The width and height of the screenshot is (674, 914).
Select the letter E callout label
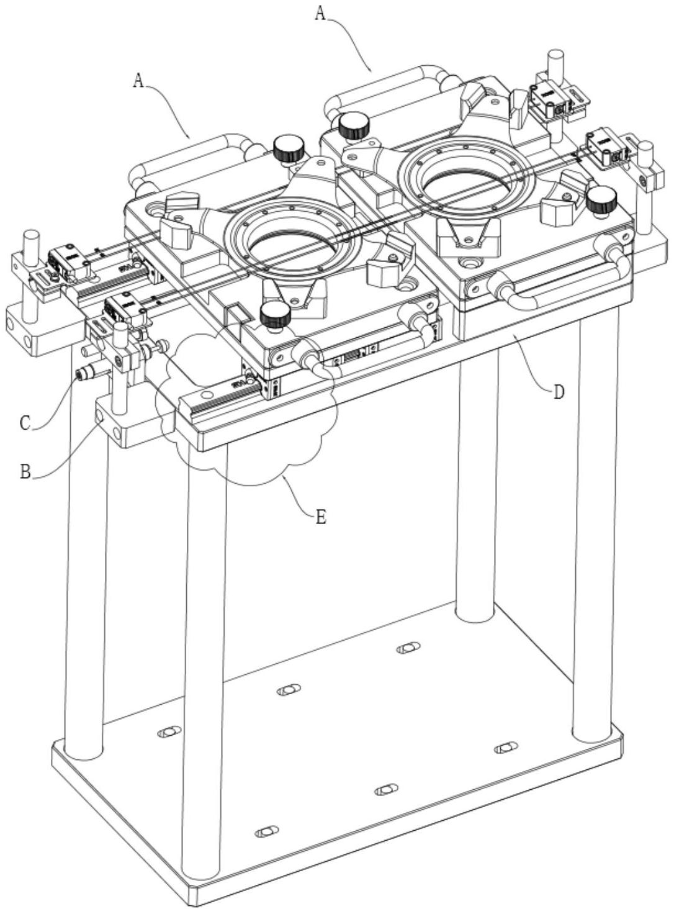point(321,517)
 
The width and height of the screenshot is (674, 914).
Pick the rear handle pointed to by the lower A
point(192,159)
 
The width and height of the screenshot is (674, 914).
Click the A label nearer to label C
point(139,81)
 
